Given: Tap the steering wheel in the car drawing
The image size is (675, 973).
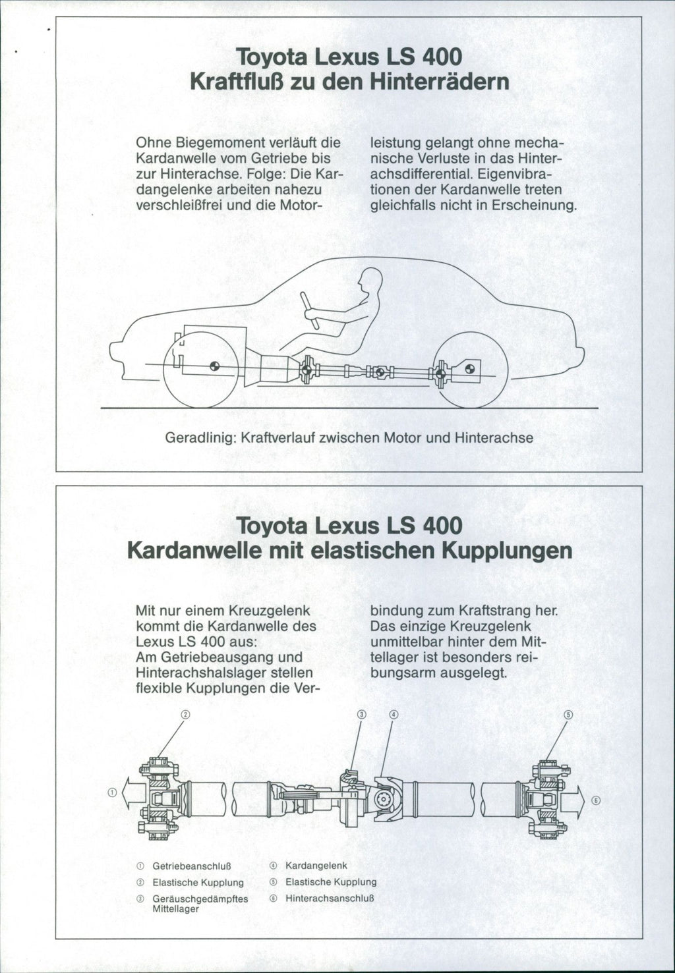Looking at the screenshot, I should (x=309, y=310).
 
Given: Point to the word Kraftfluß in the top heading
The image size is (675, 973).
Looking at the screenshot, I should (x=229, y=83).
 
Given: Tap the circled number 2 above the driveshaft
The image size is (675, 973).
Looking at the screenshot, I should (x=185, y=715).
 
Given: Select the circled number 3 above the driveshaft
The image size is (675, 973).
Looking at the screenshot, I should (x=361, y=715).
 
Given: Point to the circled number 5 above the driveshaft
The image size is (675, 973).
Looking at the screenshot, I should (x=569, y=715).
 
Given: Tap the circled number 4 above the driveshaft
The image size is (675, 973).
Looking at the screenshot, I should (x=394, y=715).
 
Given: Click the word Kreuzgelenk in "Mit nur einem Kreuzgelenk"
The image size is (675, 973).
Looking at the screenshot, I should (x=268, y=610).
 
